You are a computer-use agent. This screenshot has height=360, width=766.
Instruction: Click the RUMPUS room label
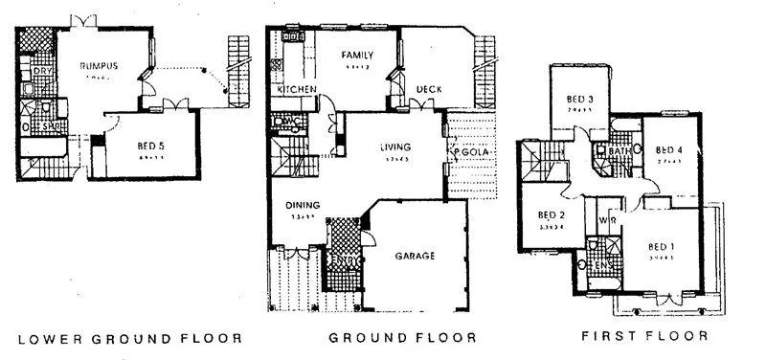pos(100,65)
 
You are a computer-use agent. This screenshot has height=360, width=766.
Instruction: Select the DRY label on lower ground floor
pos(41,72)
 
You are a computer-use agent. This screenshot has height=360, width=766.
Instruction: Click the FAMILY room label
pos(357,56)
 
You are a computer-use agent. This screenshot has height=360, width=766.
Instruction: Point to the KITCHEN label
pos(297,90)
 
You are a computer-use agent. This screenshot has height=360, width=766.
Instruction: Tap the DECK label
pos(428,90)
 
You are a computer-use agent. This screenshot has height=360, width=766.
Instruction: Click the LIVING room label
pos(394,146)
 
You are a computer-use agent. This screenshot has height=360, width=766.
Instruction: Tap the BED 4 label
pos(668,150)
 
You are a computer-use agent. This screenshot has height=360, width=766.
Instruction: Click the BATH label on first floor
pos(620,151)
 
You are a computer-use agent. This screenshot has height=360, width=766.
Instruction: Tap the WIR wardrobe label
pos(605,220)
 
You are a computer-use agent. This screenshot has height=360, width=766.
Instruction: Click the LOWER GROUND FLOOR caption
pos(130,338)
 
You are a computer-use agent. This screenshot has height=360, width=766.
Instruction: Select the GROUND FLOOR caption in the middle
pos(402,338)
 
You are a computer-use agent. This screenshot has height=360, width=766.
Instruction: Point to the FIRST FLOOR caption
pos(644,337)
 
